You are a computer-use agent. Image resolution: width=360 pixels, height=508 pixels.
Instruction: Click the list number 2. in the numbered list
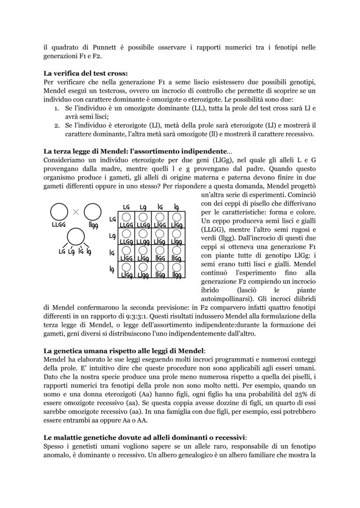57,125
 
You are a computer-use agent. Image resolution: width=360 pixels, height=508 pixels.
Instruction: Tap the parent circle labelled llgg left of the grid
93,212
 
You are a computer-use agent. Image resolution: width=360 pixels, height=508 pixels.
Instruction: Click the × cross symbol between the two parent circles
75,212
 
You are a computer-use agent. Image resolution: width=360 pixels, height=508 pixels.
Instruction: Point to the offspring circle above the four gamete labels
76,236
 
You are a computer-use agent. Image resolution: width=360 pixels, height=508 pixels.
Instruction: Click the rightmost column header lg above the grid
177,207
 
